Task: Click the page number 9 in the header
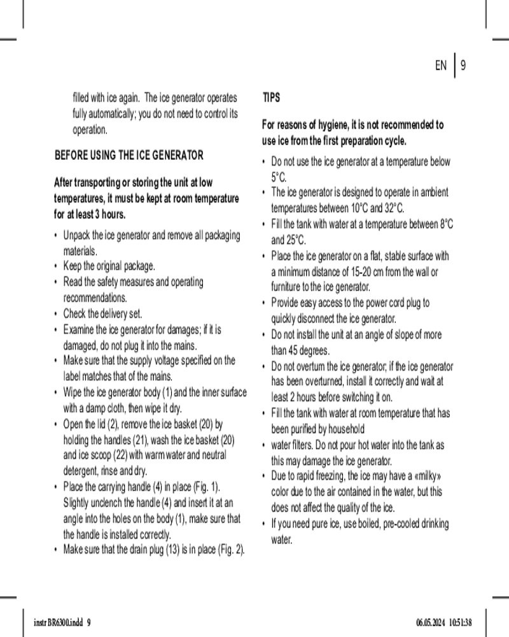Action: (463, 66)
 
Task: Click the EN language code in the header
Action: (441, 66)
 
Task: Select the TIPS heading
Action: (271, 98)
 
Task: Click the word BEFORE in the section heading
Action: (71, 155)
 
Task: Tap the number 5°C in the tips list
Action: (279, 176)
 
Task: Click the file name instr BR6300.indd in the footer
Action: (56, 622)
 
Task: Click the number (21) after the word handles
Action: (141, 440)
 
